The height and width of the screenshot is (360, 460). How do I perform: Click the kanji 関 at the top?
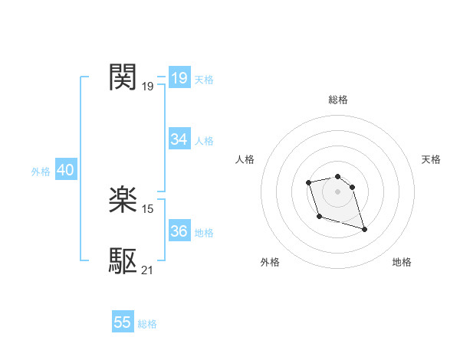(x=123, y=77)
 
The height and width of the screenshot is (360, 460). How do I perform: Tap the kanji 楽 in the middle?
(x=123, y=201)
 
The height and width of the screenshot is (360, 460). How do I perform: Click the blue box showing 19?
(x=179, y=78)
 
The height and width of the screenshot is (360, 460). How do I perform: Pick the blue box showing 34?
(x=179, y=139)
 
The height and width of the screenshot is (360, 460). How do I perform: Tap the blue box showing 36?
(x=179, y=231)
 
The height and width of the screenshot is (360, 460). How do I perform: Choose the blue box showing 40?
(x=65, y=171)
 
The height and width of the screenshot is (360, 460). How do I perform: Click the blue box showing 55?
(x=123, y=322)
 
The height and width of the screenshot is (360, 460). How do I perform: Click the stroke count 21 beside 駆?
(x=148, y=270)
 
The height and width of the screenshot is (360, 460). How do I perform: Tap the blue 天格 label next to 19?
(x=204, y=80)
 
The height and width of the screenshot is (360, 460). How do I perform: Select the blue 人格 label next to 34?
(x=204, y=141)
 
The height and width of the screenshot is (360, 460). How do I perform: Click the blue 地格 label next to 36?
(x=204, y=233)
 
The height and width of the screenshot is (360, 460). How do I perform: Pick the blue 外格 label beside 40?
(x=41, y=172)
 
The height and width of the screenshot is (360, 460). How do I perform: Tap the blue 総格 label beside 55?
(x=147, y=324)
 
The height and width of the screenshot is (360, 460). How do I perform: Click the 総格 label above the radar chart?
(x=338, y=100)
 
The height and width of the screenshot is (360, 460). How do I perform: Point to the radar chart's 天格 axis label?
(x=431, y=159)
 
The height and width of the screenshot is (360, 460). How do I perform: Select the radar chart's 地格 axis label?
(x=402, y=262)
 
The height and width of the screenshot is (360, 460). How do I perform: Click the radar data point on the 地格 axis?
(x=364, y=229)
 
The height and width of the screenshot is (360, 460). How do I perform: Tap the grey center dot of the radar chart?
(x=338, y=191)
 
